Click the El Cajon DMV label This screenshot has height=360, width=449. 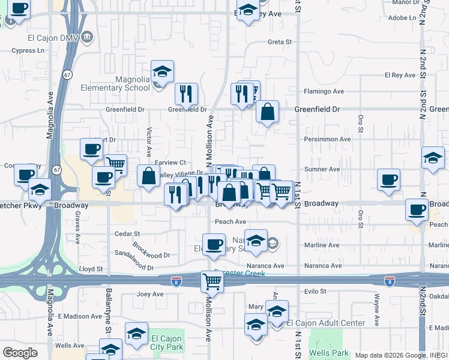[53, 37]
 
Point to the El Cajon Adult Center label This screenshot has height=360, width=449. [325, 323]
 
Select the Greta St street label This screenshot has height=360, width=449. [279, 42]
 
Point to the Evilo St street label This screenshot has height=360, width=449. [315, 292]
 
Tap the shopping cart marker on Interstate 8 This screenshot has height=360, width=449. [212, 280]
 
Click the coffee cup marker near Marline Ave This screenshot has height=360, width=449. [213, 244]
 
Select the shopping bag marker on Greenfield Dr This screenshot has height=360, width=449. [267, 112]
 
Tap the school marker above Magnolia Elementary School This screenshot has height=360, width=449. [162, 71]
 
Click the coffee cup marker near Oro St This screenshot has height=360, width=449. [388, 179]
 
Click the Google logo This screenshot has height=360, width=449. [20, 353]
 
